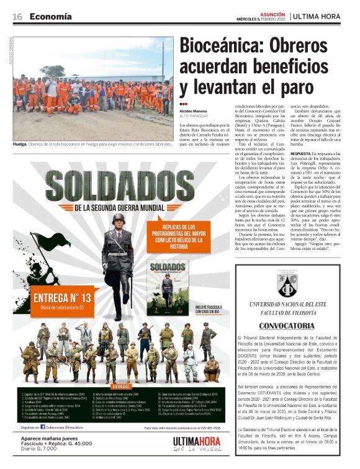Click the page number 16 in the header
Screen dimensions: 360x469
click(17, 16)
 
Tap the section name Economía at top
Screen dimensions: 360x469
click(50, 16)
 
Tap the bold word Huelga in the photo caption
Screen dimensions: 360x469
click(22, 144)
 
